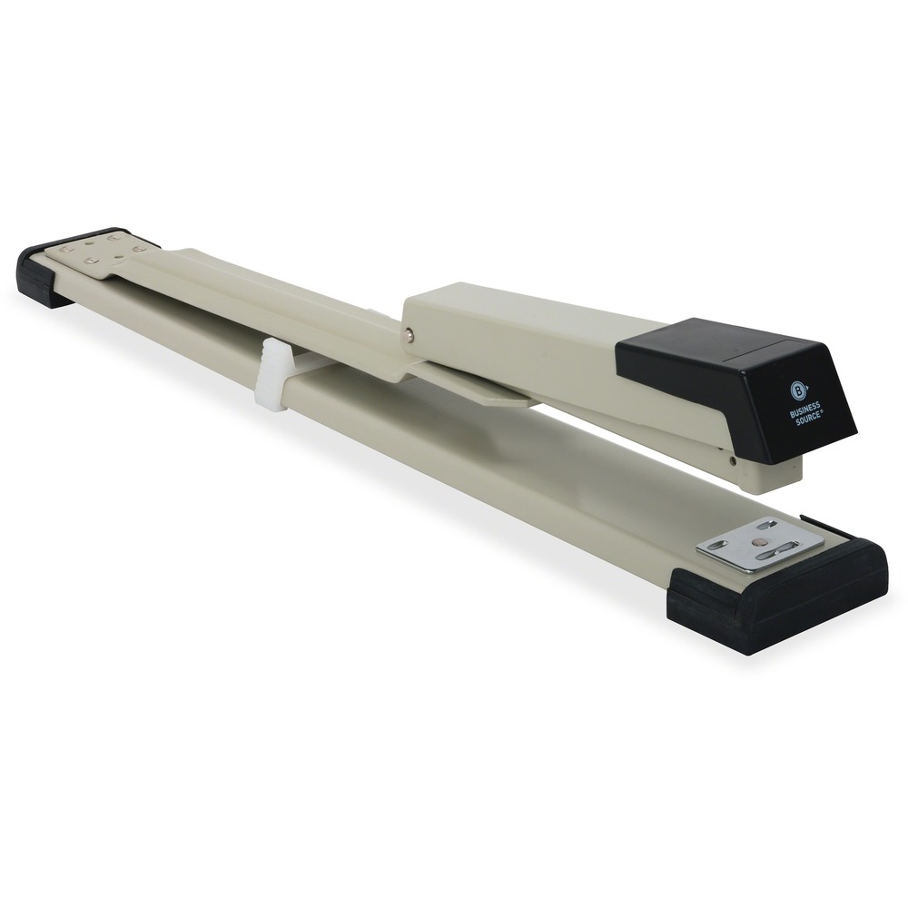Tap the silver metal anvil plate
pyautogui.click(x=759, y=544)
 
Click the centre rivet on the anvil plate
pyautogui.click(x=759, y=543)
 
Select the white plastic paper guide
pyautogui.click(x=273, y=376)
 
